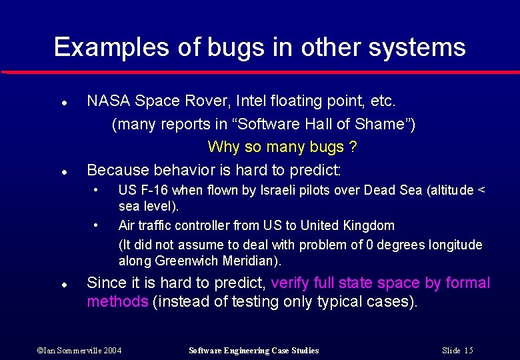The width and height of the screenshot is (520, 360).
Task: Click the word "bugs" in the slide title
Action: [x=227, y=48]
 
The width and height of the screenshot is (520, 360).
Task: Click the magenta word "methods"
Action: [x=117, y=302]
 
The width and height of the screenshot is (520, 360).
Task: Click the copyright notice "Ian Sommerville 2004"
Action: [x=79, y=351]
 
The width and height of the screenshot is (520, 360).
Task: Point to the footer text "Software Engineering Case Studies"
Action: [x=254, y=351]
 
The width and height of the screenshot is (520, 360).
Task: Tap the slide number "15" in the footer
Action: [x=469, y=351]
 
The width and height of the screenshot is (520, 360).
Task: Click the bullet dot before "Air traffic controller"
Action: [x=97, y=224]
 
